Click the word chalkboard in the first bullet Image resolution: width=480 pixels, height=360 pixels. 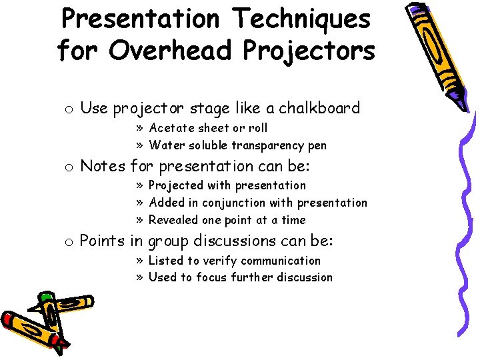[319, 108]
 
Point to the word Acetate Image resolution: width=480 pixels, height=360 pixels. [170, 128]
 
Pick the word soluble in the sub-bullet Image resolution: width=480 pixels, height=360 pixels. [206, 145]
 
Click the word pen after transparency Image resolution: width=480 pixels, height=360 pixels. [317, 146]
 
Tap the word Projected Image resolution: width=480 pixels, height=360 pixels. [177, 185]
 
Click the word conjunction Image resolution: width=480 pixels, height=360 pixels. [255, 203]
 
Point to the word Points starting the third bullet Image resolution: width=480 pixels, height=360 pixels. [102, 241]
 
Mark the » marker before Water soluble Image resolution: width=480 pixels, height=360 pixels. [141, 145]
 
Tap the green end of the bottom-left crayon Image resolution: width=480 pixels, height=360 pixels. [45, 296]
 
